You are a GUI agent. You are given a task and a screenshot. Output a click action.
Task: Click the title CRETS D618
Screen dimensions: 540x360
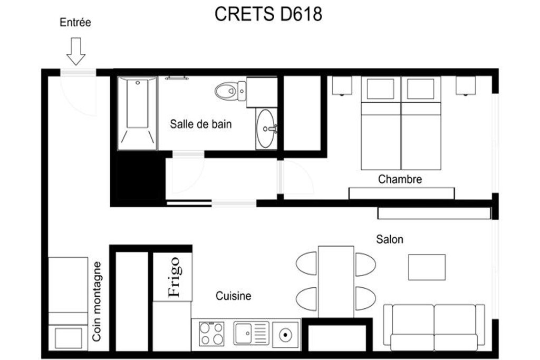(268, 14)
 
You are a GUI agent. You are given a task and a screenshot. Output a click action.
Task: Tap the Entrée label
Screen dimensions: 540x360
(75, 22)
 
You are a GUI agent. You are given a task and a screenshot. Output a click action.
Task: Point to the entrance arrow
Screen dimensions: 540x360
(76, 51)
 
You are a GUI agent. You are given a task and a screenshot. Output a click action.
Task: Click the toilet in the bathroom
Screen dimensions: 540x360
(230, 91)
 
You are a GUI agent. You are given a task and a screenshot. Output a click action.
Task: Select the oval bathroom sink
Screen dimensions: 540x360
(266, 129)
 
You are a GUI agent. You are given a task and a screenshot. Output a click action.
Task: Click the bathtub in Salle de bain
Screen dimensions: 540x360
(137, 113)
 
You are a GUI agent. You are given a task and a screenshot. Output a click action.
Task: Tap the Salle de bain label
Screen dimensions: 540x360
(201, 124)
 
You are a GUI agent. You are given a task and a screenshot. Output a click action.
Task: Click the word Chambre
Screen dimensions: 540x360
(400, 179)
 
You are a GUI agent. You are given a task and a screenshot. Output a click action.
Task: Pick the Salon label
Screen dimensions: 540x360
(390, 239)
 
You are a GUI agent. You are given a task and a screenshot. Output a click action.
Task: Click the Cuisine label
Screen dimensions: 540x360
(234, 296)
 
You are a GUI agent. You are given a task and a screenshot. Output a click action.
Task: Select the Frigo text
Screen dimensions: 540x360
(174, 277)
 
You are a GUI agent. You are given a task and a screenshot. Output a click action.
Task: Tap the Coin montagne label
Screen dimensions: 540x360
(97, 301)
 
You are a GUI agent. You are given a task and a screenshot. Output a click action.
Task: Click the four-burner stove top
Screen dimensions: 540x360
(212, 334)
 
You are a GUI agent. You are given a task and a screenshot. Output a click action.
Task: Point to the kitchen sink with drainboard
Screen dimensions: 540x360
(252, 333)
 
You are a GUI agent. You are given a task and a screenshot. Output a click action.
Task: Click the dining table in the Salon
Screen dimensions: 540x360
(336, 281)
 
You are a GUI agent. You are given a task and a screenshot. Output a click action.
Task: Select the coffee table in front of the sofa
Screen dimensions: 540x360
(427, 267)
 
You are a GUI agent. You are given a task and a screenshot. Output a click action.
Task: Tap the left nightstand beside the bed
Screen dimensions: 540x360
(342, 85)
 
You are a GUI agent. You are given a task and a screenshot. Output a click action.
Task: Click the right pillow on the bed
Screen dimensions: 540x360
(420, 89)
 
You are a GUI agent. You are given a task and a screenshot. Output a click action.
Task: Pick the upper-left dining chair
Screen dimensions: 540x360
(307, 264)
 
